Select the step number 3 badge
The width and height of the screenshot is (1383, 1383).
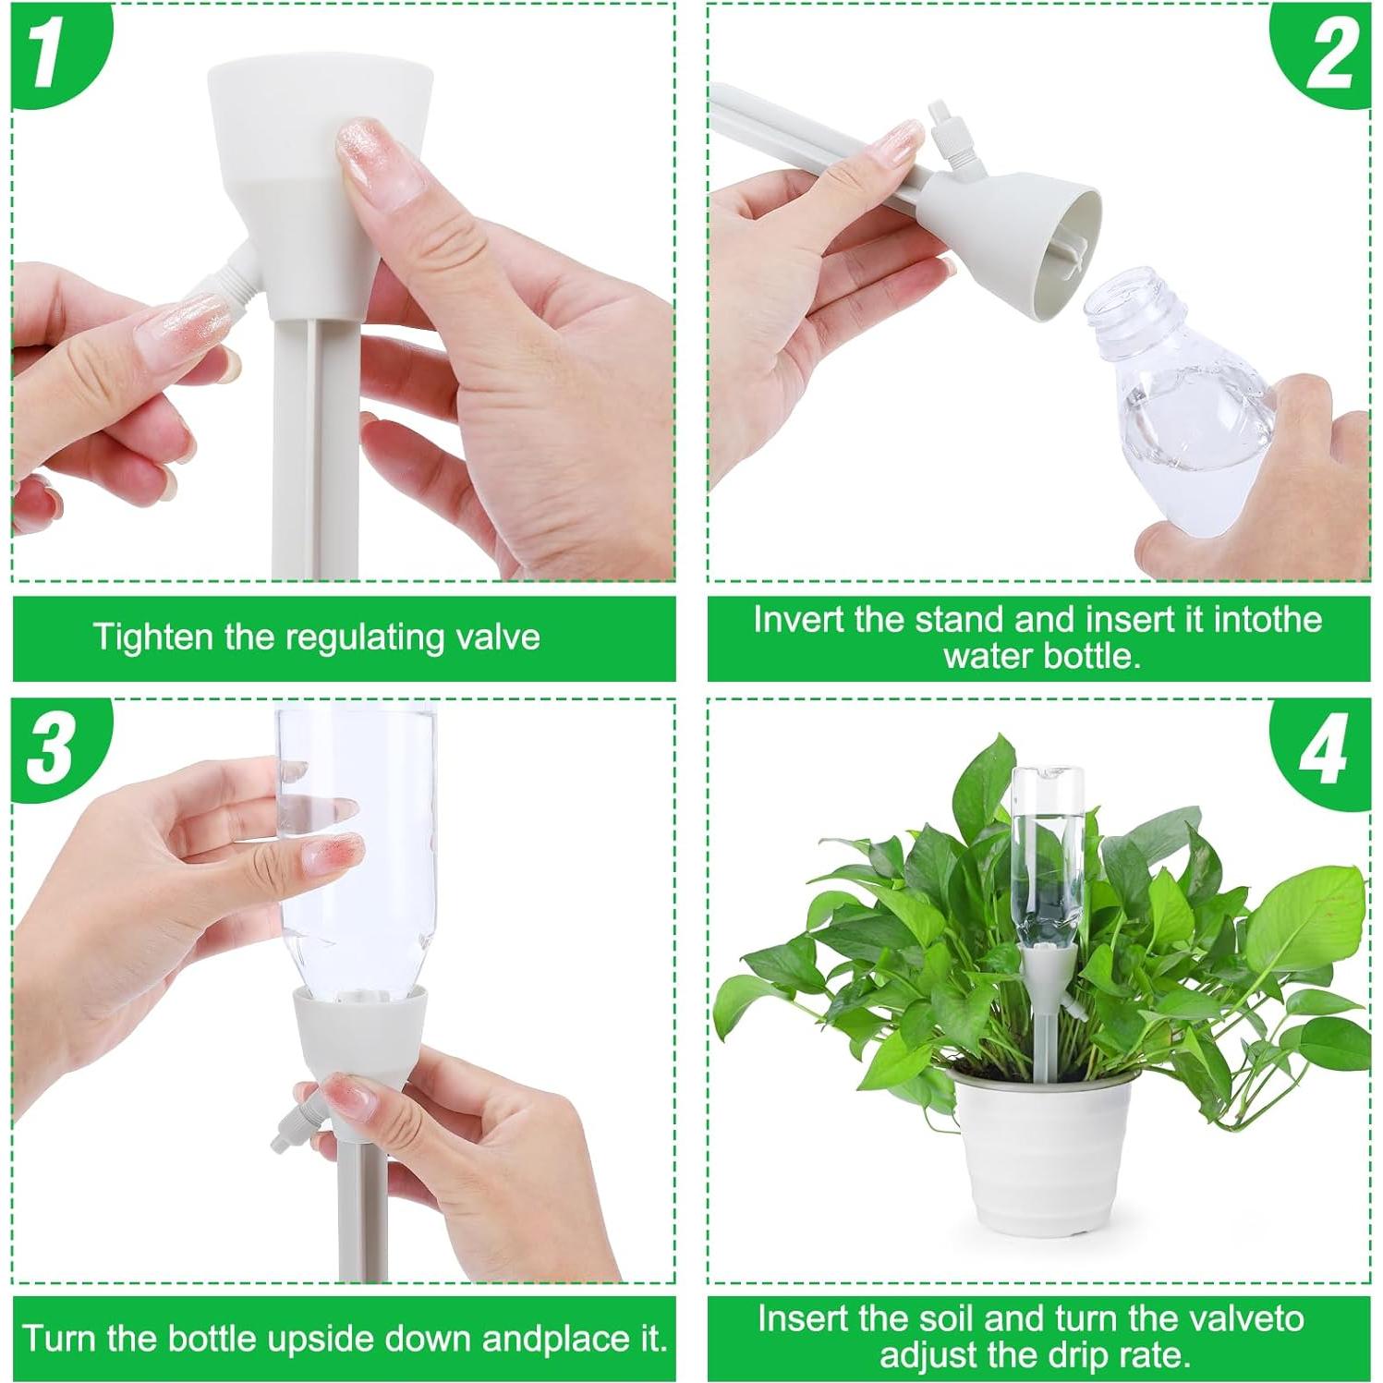[51, 746]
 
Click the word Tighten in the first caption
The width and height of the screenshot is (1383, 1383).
[152, 637]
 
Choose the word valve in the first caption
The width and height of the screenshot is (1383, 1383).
[498, 637]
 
